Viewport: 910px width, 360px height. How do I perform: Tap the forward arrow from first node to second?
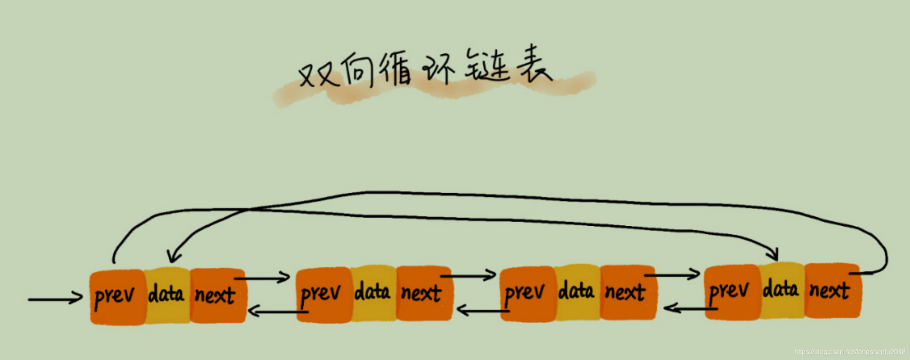tap(263, 278)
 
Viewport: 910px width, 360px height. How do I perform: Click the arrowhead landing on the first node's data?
tap(173, 257)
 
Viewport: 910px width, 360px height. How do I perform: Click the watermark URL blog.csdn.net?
tap(849, 352)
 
